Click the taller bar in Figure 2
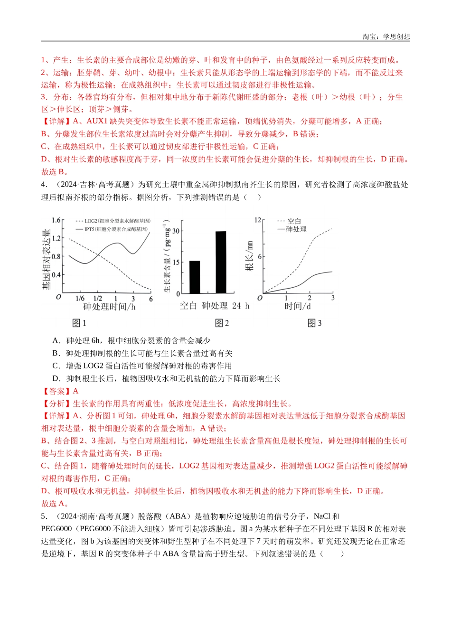tap(221, 262)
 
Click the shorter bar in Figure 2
tap(195, 277)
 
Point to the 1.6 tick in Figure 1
tap(56, 220)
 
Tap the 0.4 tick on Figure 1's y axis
tap(56, 275)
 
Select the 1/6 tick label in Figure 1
tap(80, 299)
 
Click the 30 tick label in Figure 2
tap(176, 231)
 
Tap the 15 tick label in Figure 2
tap(176, 263)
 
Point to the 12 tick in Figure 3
tap(258, 220)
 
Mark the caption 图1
tap(79, 323)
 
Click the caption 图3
tap(315, 323)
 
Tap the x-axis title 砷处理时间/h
tap(109, 307)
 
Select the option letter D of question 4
tap(56, 379)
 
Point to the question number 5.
tap(44, 516)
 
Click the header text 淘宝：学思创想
tap(386, 37)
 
